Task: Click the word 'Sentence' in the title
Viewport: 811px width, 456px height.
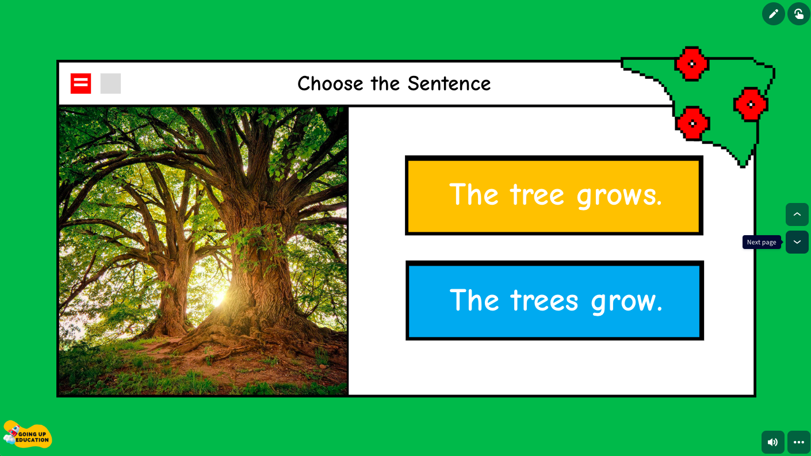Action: [x=449, y=84]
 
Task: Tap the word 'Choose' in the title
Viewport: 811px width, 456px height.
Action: [x=331, y=84]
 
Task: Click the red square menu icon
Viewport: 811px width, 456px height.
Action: [x=81, y=83]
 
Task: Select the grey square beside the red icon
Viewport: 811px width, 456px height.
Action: [x=110, y=83]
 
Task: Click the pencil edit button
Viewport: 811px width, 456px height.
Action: [x=773, y=14]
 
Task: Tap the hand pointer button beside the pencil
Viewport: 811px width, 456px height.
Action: [x=798, y=14]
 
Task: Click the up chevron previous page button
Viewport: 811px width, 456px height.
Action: [x=797, y=214]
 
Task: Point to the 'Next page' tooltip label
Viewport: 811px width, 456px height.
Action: [x=762, y=242]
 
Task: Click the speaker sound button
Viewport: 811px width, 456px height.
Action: [x=772, y=442]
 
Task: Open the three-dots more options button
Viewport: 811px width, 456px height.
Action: [x=798, y=442]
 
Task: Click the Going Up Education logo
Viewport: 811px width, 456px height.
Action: [x=28, y=435]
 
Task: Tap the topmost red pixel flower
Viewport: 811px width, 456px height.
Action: [x=691, y=63]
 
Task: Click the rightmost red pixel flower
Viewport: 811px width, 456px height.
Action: [x=751, y=104]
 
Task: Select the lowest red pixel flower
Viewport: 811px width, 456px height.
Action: [x=692, y=123]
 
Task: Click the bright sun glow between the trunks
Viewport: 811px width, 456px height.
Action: [x=219, y=298]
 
